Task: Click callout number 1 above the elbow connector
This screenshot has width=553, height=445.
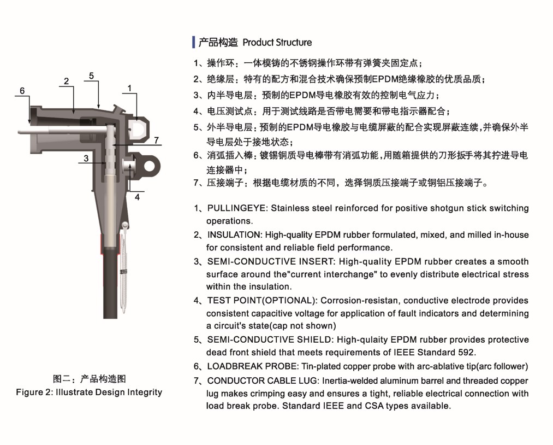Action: pyautogui.click(x=130, y=88)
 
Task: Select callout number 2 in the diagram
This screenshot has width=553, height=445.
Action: pyautogui.click(x=66, y=81)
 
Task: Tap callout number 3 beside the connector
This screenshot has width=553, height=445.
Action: pyautogui.click(x=86, y=159)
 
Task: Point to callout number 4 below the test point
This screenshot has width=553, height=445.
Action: pyautogui.click(x=137, y=197)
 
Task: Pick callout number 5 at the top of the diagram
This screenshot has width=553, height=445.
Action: pyautogui.click(x=91, y=75)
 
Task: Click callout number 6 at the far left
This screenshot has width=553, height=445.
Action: pyautogui.click(x=22, y=91)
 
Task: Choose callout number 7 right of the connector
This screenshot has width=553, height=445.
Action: pyautogui.click(x=156, y=140)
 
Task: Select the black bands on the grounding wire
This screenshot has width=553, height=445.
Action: pyautogui.click(x=125, y=271)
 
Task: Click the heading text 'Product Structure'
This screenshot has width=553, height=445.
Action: pyautogui.click(x=277, y=43)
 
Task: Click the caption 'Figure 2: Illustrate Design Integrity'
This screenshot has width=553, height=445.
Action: pyautogui.click(x=89, y=392)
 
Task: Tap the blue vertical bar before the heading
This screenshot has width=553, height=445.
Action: pyautogui.click(x=194, y=42)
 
